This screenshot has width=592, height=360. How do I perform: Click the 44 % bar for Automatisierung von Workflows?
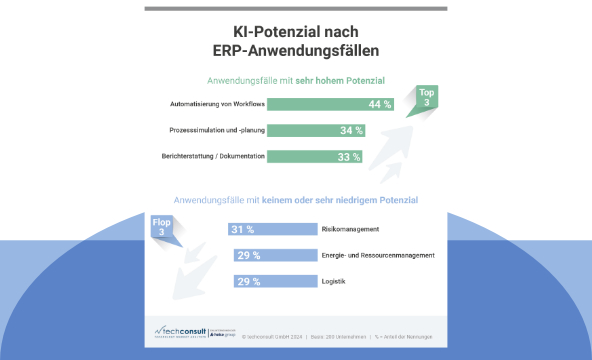pos(331,104)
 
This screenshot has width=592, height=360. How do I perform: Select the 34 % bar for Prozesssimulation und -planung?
pos(316,130)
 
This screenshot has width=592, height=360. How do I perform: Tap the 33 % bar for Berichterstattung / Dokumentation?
pos(314,156)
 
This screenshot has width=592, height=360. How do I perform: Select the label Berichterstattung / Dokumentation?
pos(212,156)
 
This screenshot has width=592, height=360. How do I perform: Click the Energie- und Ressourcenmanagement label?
pos(377,255)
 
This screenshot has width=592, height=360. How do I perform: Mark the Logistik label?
pos(333,281)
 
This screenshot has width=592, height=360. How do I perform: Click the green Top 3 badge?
pos(427,98)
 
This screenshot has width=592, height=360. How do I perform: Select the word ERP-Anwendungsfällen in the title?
pos(296,50)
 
